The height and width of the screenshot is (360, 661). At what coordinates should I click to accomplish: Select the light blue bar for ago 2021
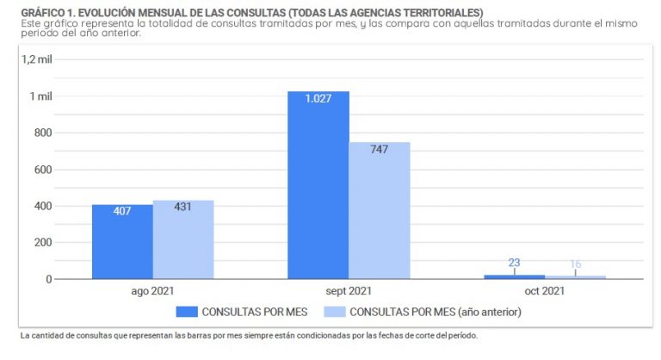pyautogui.click(x=183, y=245)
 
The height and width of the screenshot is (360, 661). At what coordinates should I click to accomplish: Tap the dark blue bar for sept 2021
pyautogui.click(x=318, y=189)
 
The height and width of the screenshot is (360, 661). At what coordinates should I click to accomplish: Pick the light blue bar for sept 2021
pyautogui.click(x=379, y=215)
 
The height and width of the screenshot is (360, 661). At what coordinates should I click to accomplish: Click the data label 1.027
pyautogui.click(x=318, y=98)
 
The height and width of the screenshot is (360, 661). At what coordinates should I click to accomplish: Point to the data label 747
pyautogui.click(x=379, y=149)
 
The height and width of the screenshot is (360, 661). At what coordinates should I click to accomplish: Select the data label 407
pyautogui.click(x=122, y=211)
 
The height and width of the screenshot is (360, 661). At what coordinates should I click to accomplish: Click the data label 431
pyautogui.click(x=182, y=207)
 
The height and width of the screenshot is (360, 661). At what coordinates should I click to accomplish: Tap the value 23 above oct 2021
pyautogui.click(x=514, y=263)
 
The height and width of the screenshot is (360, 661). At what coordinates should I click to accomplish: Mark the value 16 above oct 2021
pyautogui.click(x=575, y=264)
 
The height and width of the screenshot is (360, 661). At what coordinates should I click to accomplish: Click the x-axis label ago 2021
pyautogui.click(x=152, y=291)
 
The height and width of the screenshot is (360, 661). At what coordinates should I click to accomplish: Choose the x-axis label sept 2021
pyautogui.click(x=349, y=291)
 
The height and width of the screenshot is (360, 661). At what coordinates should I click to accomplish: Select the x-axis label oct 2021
pyautogui.click(x=544, y=291)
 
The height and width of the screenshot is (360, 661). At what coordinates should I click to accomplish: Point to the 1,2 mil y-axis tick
pyautogui.click(x=38, y=59)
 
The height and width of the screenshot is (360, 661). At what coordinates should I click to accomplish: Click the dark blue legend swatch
pyautogui.click(x=187, y=311)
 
